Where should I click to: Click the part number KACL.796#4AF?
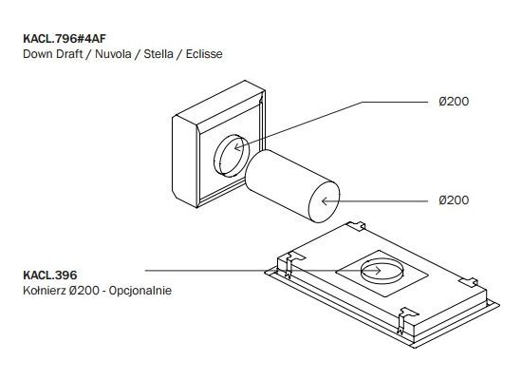[65, 39]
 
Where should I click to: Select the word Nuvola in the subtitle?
[113, 54]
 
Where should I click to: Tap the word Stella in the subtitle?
[158, 54]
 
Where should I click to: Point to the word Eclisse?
[204, 54]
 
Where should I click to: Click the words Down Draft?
[52, 54]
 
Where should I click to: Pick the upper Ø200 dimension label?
[454, 102]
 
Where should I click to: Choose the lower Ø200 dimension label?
[454, 200]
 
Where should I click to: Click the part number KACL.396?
[50, 275]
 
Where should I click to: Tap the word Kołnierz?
[45, 291]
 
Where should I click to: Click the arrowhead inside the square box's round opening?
[237, 147]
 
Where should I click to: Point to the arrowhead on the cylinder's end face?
[325, 201]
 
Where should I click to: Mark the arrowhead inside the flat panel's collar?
[378, 271]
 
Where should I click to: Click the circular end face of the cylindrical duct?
[325, 202]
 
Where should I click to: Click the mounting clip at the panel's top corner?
[356, 226]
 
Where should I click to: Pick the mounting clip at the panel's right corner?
[469, 281]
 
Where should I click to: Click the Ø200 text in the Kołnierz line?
[84, 291]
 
